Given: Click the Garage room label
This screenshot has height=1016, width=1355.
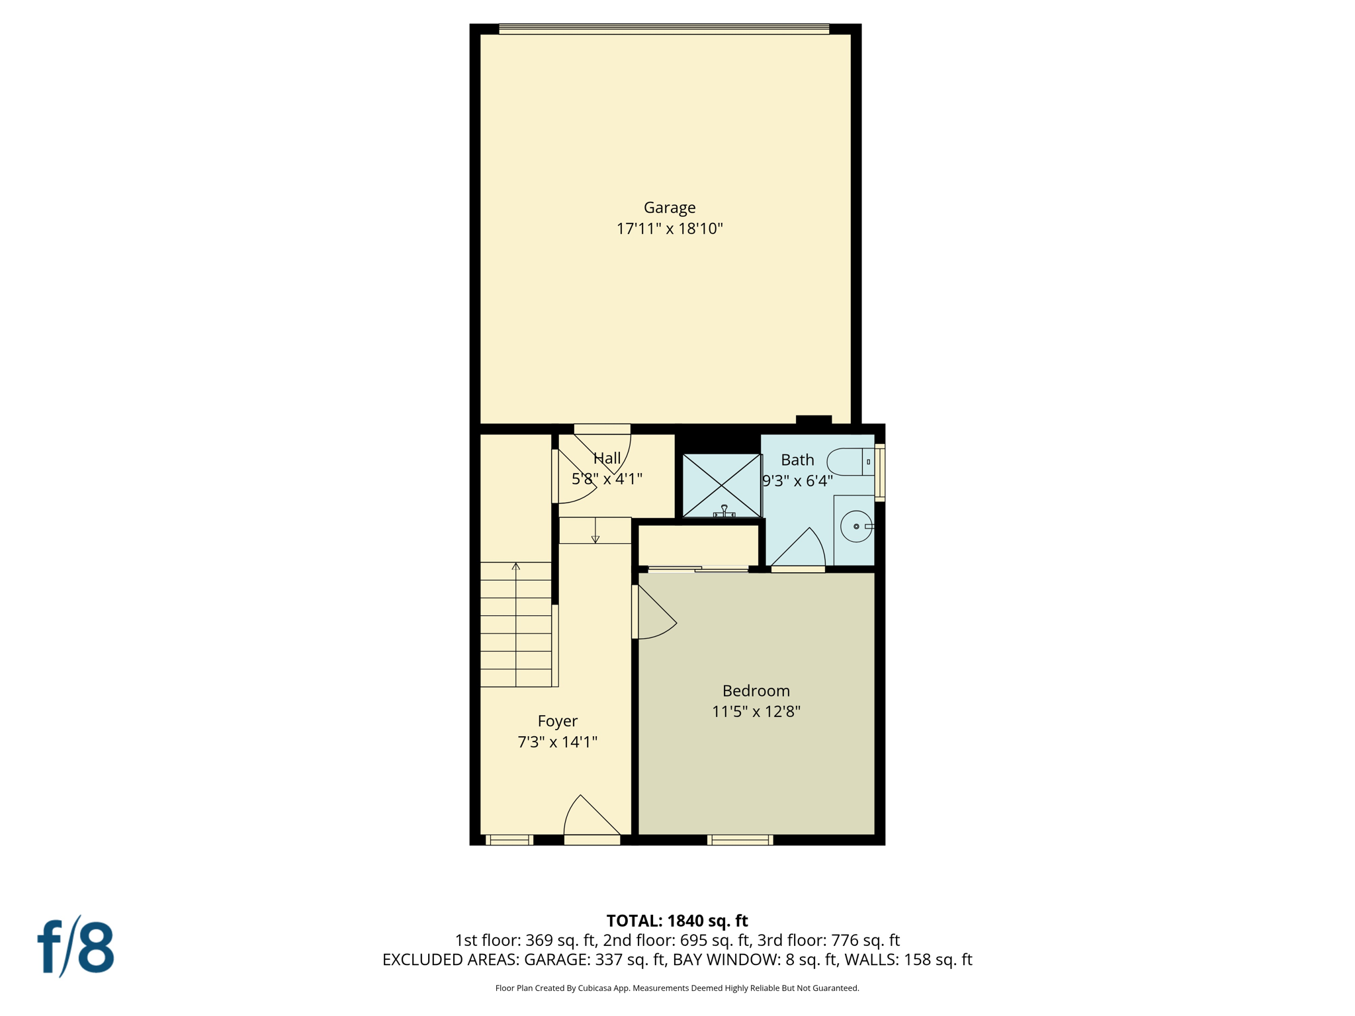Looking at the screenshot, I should [670, 208].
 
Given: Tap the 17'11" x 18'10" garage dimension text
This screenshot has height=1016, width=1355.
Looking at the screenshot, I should [670, 229].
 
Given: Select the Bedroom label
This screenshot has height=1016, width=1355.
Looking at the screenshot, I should [756, 691].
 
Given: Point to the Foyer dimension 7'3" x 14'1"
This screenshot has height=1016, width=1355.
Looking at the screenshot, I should [557, 742].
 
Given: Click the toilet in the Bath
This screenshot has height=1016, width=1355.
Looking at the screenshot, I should [850, 462].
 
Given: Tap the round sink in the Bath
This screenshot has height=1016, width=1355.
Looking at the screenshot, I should [856, 527].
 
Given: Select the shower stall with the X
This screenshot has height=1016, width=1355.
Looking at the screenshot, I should [721, 486].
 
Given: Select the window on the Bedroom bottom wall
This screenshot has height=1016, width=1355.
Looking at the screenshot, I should [740, 840].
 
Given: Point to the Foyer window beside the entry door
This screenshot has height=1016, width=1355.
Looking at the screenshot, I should [509, 840].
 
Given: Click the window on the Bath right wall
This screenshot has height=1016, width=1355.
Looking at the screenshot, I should [880, 472].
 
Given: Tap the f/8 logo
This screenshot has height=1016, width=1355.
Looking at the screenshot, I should [75, 947].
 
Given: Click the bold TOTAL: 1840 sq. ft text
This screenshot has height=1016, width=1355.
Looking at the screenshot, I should [677, 921].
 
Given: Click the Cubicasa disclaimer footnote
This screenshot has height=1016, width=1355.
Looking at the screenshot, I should [677, 988].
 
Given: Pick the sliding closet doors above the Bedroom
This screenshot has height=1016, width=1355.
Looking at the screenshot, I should [697, 569].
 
